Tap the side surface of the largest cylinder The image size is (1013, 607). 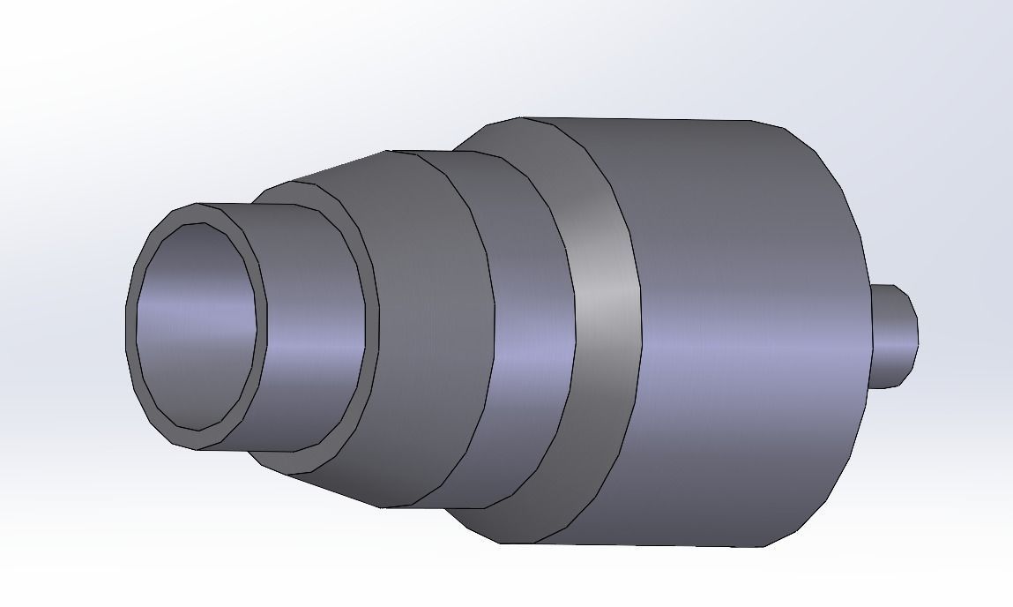pos(749,335)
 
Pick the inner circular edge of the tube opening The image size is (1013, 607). pos(257,326)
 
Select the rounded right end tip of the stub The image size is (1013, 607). pos(918,335)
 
